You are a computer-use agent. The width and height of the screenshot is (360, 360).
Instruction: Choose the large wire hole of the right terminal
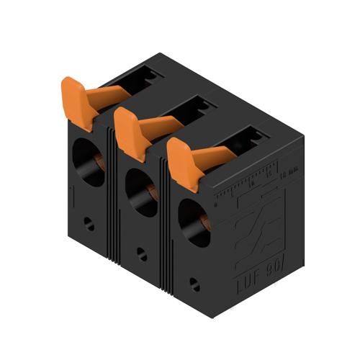[x=194, y=223]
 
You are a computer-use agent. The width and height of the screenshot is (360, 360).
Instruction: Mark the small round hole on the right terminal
[x=192, y=283]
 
